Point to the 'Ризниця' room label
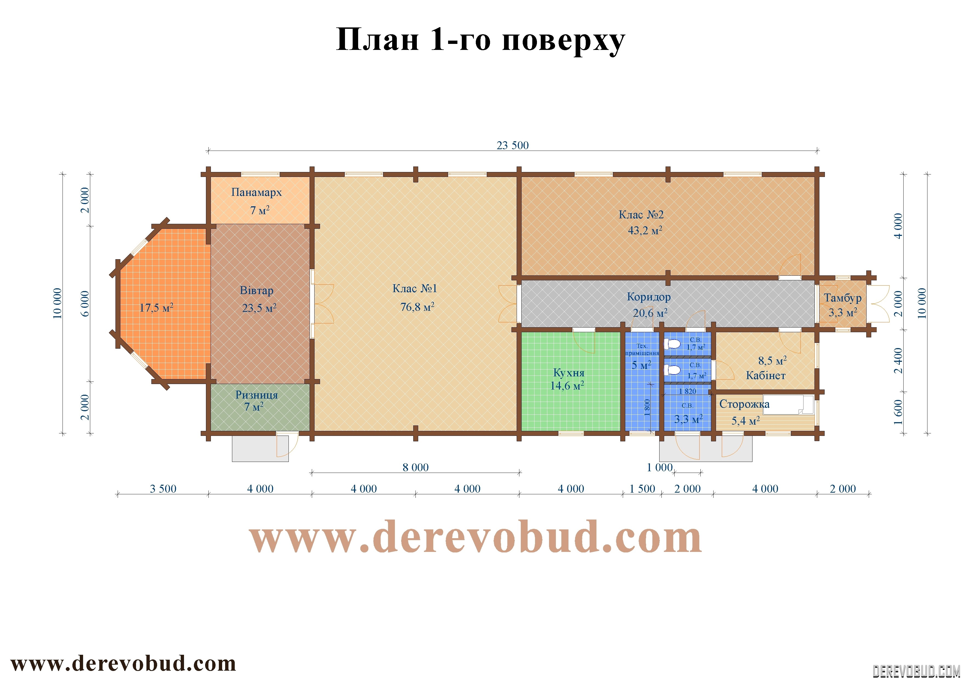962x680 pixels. click(256, 395)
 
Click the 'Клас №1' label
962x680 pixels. click(415, 288)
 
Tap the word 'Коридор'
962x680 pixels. click(649, 297)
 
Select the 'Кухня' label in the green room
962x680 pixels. click(568, 373)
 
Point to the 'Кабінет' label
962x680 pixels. click(765, 376)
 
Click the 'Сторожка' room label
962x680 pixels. click(745, 404)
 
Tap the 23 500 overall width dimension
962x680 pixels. click(513, 145)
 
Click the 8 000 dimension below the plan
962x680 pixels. click(416, 468)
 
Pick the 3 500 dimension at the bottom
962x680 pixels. click(163, 489)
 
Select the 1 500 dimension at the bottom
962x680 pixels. click(642, 489)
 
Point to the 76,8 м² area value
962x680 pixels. click(417, 307)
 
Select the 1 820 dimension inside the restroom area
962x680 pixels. click(687, 391)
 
